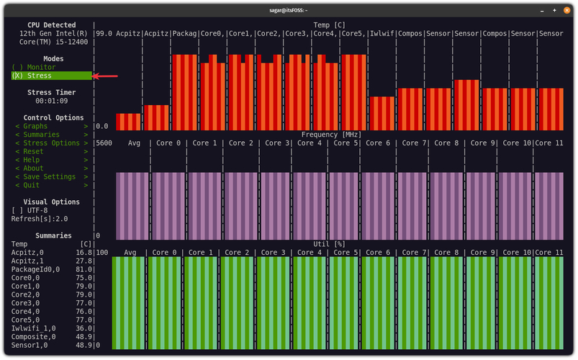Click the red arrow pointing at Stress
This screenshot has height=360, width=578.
[106, 76]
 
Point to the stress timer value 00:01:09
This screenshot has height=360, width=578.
[51, 101]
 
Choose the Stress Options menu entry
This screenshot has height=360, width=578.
[51, 143]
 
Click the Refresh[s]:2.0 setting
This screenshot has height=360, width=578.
[39, 219]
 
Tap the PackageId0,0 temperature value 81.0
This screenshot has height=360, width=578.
[83, 269]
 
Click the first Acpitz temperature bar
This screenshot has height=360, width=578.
[128, 122]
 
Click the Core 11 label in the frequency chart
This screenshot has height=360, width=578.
[549, 143]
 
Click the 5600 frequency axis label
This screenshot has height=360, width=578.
[104, 143]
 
